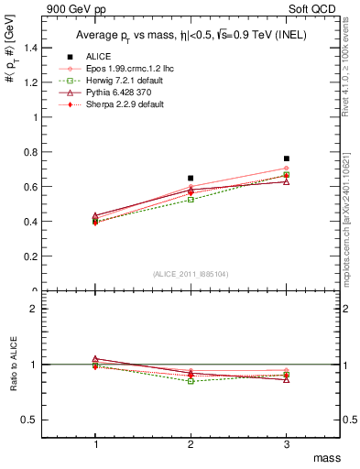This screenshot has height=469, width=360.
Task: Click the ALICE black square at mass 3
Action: coord(287,158)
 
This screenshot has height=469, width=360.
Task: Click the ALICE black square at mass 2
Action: coord(191,178)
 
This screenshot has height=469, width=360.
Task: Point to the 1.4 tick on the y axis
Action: coord(37,48)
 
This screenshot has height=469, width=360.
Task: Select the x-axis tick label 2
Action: coord(191,443)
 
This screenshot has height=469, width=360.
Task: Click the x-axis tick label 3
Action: coord(287,443)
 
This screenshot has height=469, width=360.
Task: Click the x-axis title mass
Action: coord(327,456)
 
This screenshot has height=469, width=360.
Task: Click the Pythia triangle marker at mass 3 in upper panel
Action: coord(287,181)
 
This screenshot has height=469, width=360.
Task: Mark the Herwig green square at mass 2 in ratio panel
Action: coord(191,380)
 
